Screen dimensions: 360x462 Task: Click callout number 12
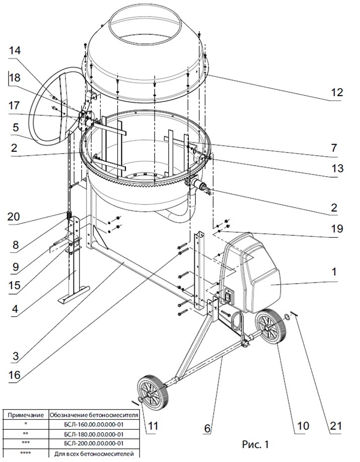point(337,92)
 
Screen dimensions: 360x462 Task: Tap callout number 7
point(334,148)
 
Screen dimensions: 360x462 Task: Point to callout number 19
point(337,228)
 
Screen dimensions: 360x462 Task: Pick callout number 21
point(336,426)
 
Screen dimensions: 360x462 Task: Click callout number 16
point(15,374)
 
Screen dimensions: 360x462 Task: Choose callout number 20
point(14,217)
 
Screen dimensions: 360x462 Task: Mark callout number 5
point(15,127)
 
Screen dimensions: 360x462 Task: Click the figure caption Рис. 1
point(255,444)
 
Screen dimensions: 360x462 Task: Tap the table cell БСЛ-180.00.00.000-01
point(94,434)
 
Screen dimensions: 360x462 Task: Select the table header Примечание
point(26,415)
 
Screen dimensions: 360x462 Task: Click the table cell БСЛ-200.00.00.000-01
point(94,443)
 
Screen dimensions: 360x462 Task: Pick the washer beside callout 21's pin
point(286,316)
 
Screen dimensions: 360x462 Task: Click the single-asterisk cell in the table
point(26,424)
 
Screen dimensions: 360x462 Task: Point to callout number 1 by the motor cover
point(334,272)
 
